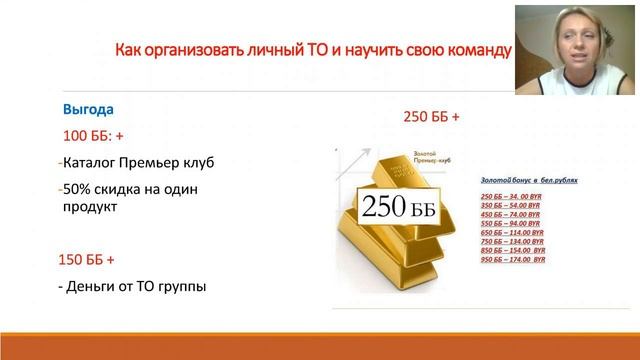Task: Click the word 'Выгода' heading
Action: pos(88,109)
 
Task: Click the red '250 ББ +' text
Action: pos(431,117)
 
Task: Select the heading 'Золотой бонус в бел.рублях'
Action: pos(507,179)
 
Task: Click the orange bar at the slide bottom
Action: pos(320,345)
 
